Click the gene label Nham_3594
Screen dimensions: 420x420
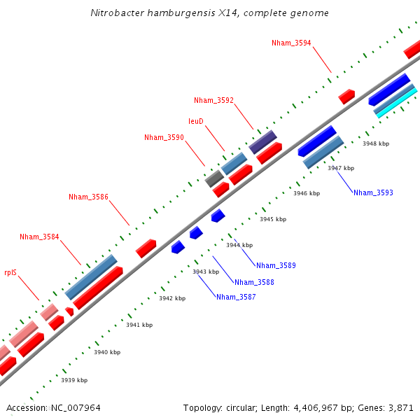coord(291,43)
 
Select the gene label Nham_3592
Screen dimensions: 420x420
coord(213,101)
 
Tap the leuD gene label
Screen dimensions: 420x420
coord(196,122)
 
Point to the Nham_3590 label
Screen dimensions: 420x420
coord(164,138)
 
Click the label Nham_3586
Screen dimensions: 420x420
coord(88,197)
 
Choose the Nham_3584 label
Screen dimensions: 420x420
coord(39,237)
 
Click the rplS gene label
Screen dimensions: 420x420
coord(10,273)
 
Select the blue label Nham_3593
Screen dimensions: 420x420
coord(373,192)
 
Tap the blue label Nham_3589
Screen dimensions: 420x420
coord(276,265)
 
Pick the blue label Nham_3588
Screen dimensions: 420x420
coord(254,282)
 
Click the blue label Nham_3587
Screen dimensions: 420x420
coord(236,297)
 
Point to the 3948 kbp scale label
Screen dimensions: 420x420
coord(376,143)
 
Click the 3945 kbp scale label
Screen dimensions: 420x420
coord(273,219)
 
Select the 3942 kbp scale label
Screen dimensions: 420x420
coord(172,298)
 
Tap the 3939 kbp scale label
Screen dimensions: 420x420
coord(74,380)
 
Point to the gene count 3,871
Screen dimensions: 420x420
coord(401,407)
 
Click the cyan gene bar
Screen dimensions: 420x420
coord(395,104)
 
